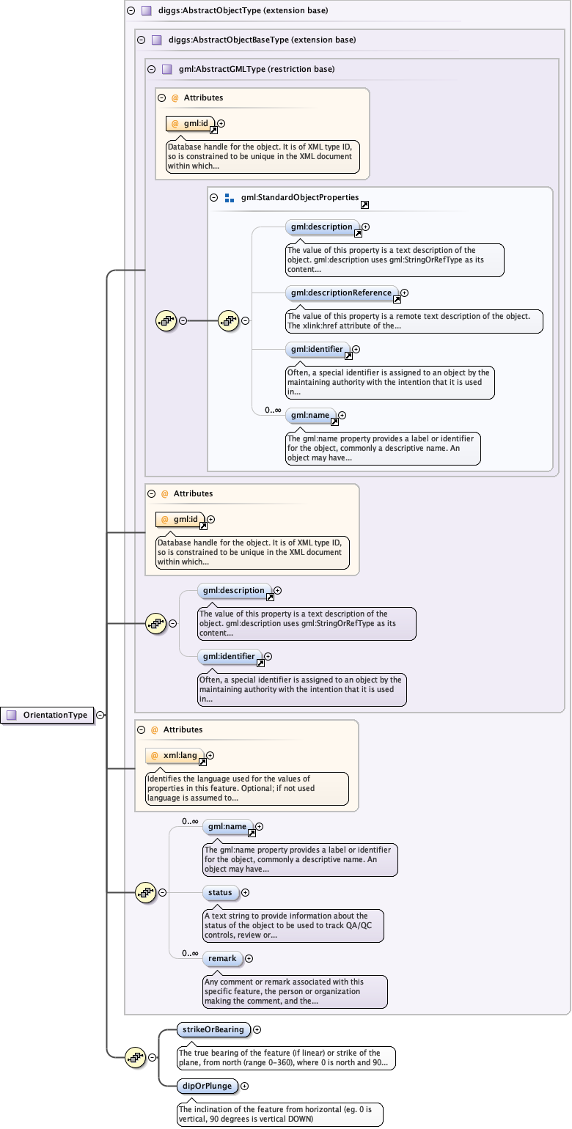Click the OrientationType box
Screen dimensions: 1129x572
click(x=48, y=715)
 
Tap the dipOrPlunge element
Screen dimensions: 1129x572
click(x=208, y=1086)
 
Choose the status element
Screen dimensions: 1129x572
click(x=220, y=892)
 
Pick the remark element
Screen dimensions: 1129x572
click(x=222, y=958)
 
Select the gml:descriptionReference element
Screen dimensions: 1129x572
click(x=341, y=293)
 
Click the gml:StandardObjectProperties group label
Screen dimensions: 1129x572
click(x=300, y=197)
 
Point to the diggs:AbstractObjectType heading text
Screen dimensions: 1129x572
click(x=233, y=11)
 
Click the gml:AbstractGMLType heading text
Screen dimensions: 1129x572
click(x=257, y=70)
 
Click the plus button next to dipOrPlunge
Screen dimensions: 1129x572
click(x=245, y=1086)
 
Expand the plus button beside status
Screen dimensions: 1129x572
click(x=245, y=892)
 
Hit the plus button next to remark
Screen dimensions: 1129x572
click(x=249, y=958)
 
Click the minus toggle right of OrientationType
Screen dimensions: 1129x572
click(x=100, y=715)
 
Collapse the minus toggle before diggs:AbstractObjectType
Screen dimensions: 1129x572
click(x=131, y=11)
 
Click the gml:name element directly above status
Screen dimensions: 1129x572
click(x=227, y=826)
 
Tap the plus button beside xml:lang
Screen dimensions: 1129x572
click(x=210, y=755)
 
